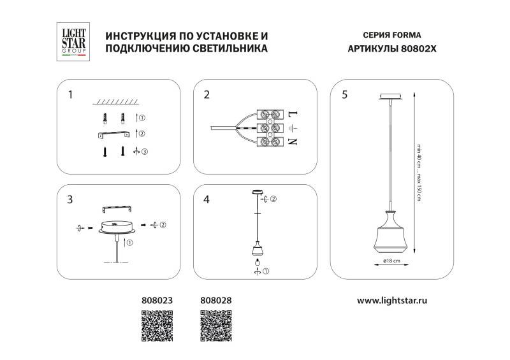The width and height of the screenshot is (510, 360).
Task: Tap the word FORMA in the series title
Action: coord(407,36)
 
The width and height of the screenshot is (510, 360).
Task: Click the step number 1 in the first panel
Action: coord(70,96)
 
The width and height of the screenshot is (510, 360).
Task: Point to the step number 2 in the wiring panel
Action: coord(207,96)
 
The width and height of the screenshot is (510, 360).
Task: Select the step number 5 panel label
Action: coord(344,96)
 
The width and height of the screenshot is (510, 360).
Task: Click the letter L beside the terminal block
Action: coord(293,115)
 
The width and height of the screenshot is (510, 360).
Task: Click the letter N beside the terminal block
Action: coord(293,141)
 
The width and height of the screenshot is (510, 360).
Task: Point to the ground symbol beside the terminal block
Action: coord(293,128)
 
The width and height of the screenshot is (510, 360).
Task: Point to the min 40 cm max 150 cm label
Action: coord(419,171)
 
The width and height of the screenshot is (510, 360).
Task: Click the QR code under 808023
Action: coord(156,326)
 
